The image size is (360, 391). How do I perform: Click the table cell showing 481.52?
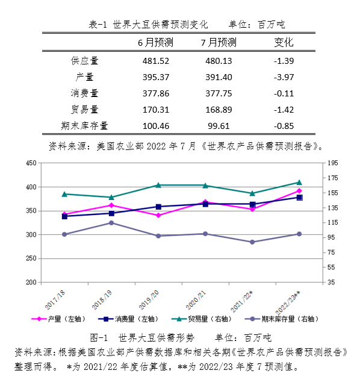[156, 61]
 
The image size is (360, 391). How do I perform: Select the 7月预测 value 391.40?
[219, 77]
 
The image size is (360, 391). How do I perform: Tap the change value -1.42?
[284, 110]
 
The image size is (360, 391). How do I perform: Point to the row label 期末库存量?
[84, 126]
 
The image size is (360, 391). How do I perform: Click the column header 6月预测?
[155, 42]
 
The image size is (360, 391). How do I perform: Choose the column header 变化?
[284, 42]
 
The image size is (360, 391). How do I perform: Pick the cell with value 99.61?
[219, 126]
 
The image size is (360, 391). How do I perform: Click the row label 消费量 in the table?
[84, 93]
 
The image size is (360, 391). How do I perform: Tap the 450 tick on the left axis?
[31, 163]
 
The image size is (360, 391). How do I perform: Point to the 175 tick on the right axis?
[332, 178]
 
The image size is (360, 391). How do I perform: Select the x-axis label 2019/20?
[149, 300]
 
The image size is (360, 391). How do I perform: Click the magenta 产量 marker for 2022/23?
[299, 191]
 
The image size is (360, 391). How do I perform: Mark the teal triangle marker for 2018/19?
[111, 197]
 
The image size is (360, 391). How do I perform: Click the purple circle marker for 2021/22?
[252, 242]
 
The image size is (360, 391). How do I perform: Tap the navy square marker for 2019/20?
[158, 207]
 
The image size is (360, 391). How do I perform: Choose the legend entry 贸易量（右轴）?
[202, 319]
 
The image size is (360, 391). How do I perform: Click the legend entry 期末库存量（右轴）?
[282, 319]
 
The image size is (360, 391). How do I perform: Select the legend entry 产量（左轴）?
[59, 319]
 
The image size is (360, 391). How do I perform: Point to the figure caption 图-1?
[99, 338]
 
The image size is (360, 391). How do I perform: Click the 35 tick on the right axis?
[331, 283]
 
